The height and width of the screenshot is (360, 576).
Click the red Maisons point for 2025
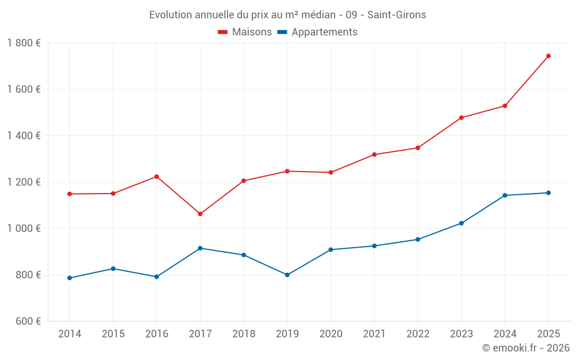pos(548,56)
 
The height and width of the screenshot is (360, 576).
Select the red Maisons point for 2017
pos(200,214)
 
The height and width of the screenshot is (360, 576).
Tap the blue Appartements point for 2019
pos(287,275)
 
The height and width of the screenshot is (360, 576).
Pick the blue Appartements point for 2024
pos(505,195)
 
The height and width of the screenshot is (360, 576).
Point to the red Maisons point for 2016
pos(157,176)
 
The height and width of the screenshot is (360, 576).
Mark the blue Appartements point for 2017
pos(200,248)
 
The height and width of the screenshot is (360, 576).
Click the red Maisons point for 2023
pos(461,118)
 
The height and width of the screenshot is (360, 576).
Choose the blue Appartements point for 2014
pos(70,278)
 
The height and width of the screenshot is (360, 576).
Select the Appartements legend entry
pos(317,32)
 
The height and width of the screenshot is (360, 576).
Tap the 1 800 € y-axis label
pos(24,43)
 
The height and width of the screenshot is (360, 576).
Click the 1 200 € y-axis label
pos(24,182)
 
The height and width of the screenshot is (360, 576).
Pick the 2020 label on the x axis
pos(331,334)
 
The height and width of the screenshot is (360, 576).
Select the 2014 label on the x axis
pos(70,334)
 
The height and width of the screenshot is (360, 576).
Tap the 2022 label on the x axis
pos(418,334)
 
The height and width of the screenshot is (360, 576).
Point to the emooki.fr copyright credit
pos(525,348)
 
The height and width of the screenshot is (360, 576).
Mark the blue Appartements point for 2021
pos(374,246)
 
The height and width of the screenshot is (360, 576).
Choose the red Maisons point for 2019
pos(287,171)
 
